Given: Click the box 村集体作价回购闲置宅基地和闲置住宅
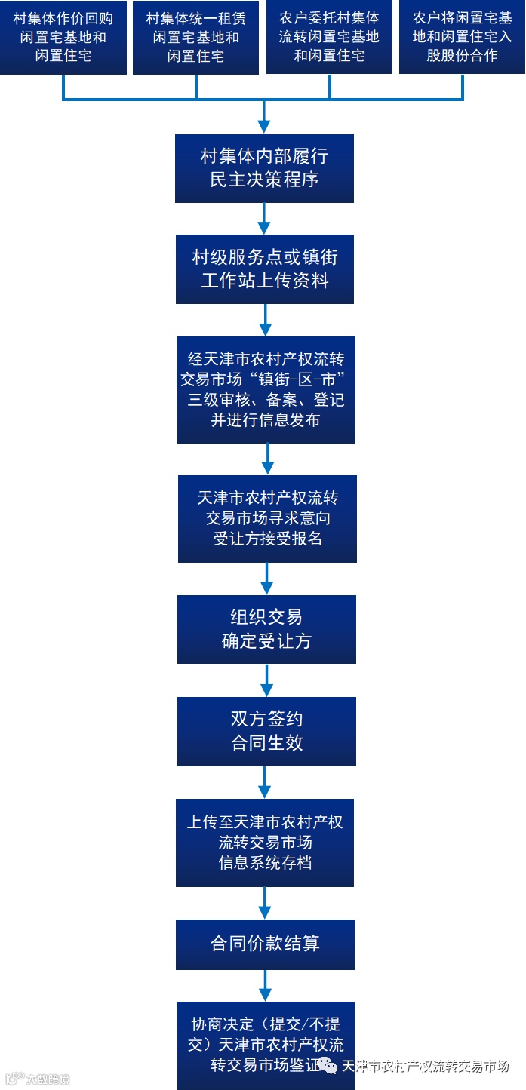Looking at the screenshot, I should (63, 37).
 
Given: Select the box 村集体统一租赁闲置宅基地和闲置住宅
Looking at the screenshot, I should (196, 37).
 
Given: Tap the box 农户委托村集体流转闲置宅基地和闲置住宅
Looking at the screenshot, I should (329, 37).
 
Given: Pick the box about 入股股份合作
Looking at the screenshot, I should (462, 37).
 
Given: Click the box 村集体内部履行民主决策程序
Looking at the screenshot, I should (264, 168).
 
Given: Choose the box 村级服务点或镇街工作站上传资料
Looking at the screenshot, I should (265, 269).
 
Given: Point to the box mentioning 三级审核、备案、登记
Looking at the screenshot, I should (266, 389).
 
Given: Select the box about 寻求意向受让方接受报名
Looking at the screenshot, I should (267, 518).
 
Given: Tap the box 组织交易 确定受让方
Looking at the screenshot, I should (266, 629).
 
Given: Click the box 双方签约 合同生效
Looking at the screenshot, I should (266, 731).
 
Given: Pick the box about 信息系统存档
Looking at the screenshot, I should (265, 842).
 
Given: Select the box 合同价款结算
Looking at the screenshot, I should (265, 944).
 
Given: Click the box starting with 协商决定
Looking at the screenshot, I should (265, 1044).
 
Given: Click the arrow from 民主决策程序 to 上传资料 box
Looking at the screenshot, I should (264, 219).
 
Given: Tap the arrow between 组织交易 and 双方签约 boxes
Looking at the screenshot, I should (266, 680).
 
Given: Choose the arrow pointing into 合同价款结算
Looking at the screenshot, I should (265, 902).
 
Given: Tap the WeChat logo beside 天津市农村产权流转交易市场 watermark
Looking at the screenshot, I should (329, 1065).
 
